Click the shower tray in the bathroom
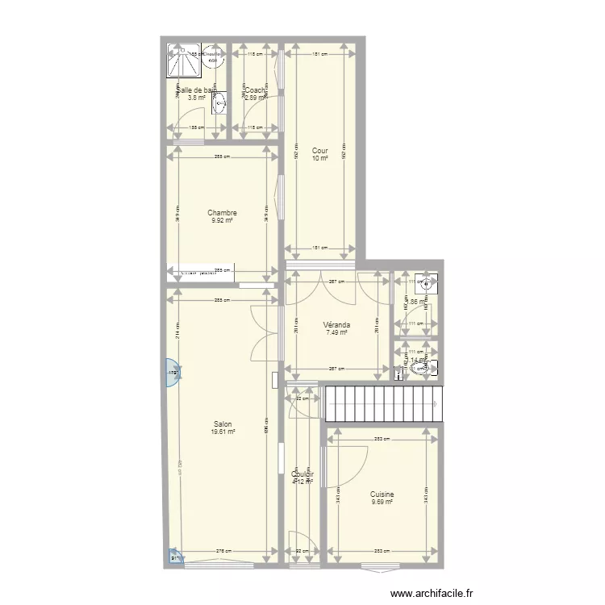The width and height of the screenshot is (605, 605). pyautogui.click(x=184, y=61)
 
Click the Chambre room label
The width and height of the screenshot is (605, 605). pyautogui.click(x=222, y=213)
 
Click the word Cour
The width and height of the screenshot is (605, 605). pyautogui.click(x=319, y=151)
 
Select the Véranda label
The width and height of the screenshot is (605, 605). pyautogui.click(x=336, y=325)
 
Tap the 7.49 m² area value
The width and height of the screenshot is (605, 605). pyautogui.click(x=336, y=332)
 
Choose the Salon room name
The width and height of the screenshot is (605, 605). pyautogui.click(x=223, y=424)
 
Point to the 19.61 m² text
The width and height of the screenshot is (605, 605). pyautogui.click(x=223, y=432)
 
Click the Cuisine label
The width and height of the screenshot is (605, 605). pyautogui.click(x=382, y=494)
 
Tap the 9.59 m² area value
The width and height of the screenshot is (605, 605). pyautogui.click(x=382, y=502)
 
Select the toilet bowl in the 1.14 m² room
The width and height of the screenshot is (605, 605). pyautogui.click(x=420, y=369)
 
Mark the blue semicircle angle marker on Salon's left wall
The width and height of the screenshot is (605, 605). pyautogui.click(x=172, y=372)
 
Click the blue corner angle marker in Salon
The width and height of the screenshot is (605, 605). pyautogui.click(x=175, y=556)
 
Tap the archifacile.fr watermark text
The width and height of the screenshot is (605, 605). pyautogui.click(x=432, y=595)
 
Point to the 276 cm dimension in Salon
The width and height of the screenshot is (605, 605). pyautogui.click(x=222, y=552)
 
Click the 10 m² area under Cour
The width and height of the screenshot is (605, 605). pyautogui.click(x=320, y=159)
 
